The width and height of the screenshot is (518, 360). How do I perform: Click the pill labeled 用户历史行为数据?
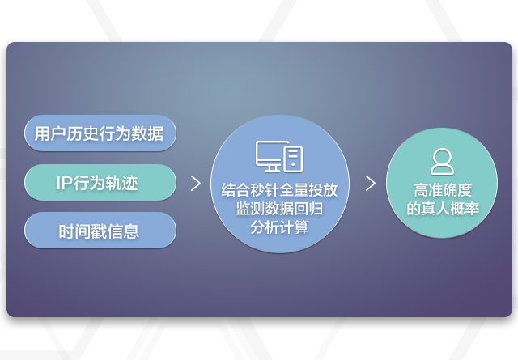(x=100, y=133)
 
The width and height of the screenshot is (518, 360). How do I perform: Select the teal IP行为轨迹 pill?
(x=100, y=182)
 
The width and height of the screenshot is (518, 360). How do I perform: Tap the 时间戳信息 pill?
(x=100, y=231)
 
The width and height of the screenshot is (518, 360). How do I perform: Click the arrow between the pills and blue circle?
(x=196, y=184)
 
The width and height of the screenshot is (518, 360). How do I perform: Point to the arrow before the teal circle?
(x=371, y=184)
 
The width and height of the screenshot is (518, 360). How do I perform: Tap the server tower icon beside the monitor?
(x=293, y=159)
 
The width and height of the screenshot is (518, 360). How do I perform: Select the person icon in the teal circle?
(x=442, y=162)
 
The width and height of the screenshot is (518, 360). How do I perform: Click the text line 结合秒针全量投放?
(x=279, y=190)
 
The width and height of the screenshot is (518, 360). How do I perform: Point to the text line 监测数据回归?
(x=279, y=209)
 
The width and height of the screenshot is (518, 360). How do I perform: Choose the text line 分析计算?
(x=279, y=227)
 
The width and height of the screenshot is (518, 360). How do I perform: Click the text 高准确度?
(x=443, y=190)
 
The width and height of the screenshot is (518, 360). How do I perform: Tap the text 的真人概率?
(x=443, y=209)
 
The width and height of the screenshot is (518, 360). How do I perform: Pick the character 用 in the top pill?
(x=42, y=133)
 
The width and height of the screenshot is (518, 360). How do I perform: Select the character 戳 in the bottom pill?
(x=99, y=231)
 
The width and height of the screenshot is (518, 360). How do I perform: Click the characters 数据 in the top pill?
(x=147, y=133)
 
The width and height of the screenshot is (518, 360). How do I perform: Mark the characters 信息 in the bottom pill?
(x=123, y=231)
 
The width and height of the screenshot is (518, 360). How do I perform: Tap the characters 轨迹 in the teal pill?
(x=121, y=183)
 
